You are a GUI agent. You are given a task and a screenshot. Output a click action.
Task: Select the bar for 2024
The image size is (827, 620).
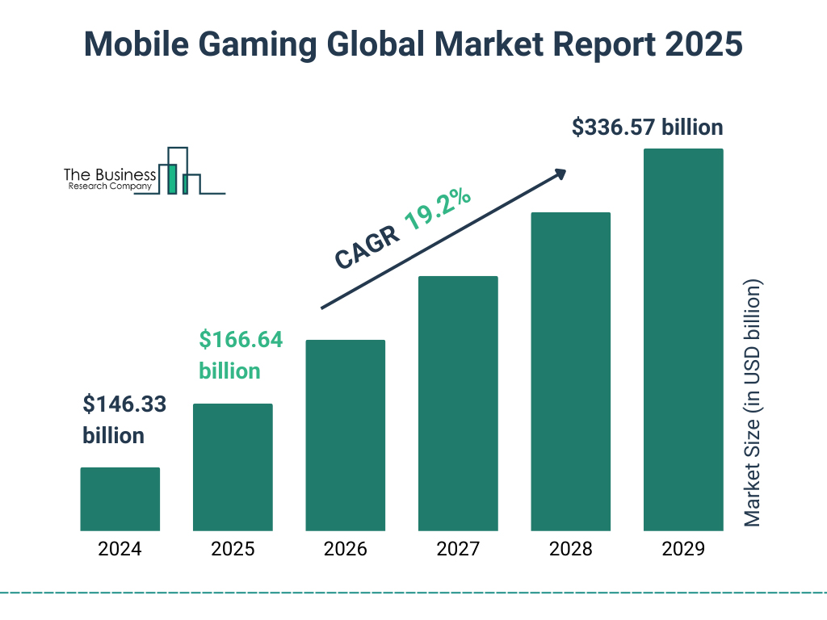(120, 499)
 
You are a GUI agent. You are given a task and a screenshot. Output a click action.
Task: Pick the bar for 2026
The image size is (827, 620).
(346, 435)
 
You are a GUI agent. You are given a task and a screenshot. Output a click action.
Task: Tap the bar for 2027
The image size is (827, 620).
(458, 403)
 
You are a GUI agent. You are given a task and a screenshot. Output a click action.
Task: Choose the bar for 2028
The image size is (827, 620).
(570, 371)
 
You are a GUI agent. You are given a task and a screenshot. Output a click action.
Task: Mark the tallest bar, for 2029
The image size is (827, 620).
(683, 339)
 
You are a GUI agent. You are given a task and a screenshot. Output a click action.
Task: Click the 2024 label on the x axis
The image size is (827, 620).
(120, 550)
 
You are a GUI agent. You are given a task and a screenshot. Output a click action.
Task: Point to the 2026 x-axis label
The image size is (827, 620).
(346, 550)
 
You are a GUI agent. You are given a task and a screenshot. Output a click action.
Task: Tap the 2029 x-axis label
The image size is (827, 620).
(683, 550)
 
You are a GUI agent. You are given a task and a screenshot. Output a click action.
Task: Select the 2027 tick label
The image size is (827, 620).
(458, 550)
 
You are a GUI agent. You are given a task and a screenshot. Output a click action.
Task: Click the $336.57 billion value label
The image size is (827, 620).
(647, 128)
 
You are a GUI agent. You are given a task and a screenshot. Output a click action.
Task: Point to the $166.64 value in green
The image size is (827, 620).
(241, 340)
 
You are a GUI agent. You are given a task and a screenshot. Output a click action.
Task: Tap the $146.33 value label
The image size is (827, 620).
(124, 404)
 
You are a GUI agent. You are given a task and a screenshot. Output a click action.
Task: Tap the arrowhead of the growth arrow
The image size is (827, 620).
(560, 173)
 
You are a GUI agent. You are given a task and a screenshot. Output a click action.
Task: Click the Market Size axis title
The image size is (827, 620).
(753, 404)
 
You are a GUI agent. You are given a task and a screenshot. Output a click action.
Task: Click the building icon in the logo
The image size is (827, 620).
(179, 171)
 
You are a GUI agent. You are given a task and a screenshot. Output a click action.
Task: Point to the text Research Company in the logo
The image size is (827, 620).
(107, 186)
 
